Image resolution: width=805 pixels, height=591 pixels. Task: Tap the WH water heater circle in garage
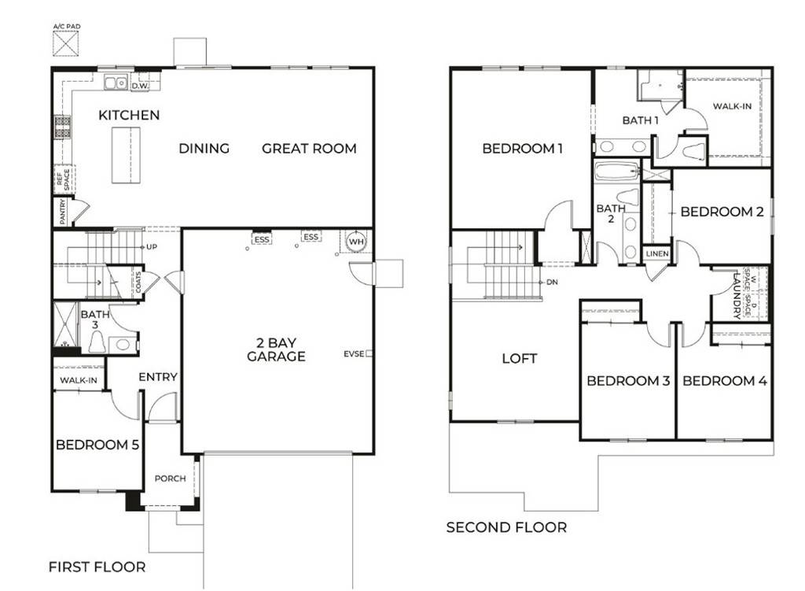pyautogui.click(x=355, y=242)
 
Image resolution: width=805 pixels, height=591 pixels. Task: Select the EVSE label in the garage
pyautogui.click(x=353, y=354)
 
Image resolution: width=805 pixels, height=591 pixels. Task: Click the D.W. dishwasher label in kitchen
pyautogui.click(x=141, y=86)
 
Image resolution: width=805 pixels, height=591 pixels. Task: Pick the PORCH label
pyautogui.click(x=170, y=478)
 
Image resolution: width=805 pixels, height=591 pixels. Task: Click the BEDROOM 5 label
pyautogui.click(x=97, y=445)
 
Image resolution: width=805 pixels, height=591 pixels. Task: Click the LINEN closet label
pyautogui.click(x=656, y=253)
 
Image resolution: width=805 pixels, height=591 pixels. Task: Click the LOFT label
pyautogui.click(x=520, y=359)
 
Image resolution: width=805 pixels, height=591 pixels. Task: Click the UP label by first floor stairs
pyautogui.click(x=152, y=247)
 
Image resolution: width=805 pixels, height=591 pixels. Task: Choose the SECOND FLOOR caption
pyautogui.click(x=506, y=527)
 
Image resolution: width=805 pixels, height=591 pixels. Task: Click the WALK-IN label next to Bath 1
pyautogui.click(x=732, y=105)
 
